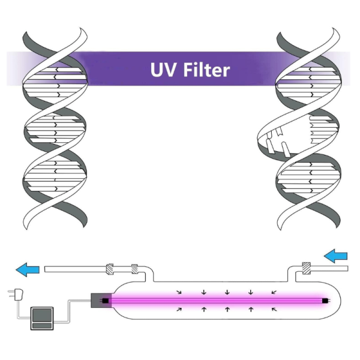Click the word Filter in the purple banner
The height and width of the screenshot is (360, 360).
(x=206, y=70)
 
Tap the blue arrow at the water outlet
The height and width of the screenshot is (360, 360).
(x=28, y=269)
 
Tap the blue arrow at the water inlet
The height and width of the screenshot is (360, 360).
(x=335, y=256)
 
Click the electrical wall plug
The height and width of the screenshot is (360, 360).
(x=17, y=295)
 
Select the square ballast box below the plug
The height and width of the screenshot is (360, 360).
(x=42, y=318)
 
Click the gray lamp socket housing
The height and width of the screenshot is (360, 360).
(x=101, y=301)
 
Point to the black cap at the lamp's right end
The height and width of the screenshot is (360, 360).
(x=325, y=301)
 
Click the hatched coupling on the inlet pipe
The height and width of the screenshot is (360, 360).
(x=306, y=268)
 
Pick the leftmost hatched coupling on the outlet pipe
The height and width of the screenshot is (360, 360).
(x=110, y=269)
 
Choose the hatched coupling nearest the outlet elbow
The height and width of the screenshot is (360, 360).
(x=134, y=269)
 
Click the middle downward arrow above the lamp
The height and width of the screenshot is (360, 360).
(x=227, y=292)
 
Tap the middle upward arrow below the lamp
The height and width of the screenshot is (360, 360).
(x=227, y=309)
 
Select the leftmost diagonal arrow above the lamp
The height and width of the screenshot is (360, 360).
(x=179, y=292)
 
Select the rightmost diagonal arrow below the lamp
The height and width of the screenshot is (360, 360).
(x=274, y=310)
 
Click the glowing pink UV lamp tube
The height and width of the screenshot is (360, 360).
(x=216, y=301)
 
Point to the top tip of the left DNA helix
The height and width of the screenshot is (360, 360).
(x=81, y=28)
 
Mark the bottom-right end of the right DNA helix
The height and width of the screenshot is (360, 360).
(x=337, y=227)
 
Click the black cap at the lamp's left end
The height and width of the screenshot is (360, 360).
(x=105, y=301)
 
